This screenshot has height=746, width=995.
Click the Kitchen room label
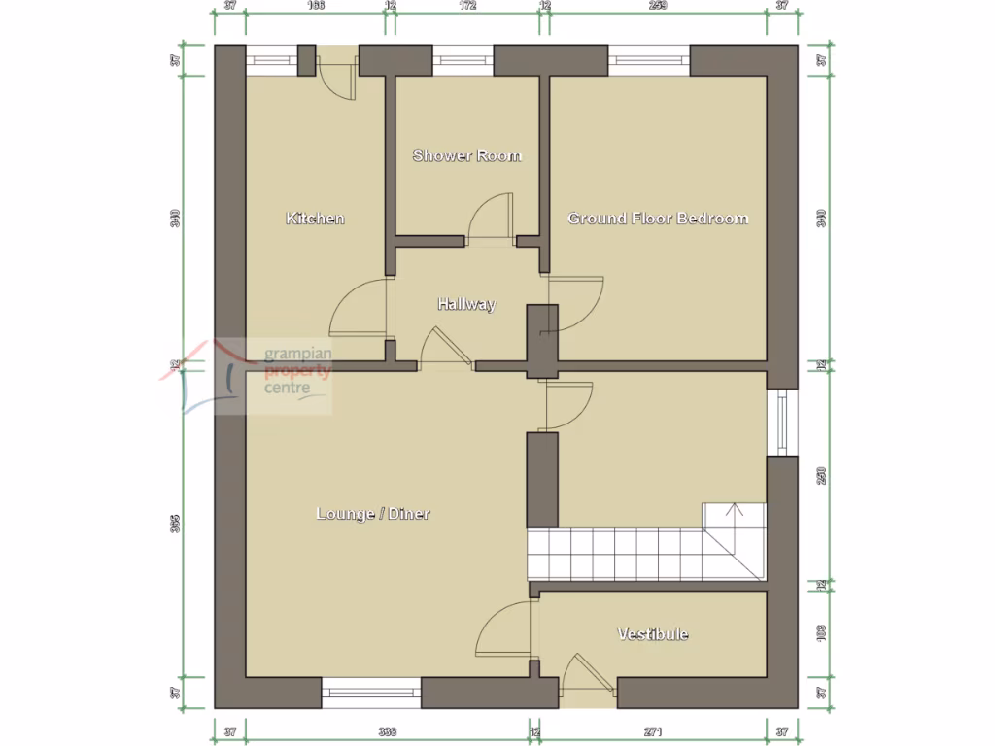tap(315, 219)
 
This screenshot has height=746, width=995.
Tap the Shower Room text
tap(466, 155)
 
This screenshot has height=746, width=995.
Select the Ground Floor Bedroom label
tap(658, 219)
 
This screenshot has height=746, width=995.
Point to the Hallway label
tap(466, 304)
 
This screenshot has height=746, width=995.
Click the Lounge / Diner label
tap(373, 513)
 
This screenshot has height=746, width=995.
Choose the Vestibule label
tap(653, 634)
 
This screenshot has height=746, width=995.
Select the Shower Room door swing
tap(490, 219)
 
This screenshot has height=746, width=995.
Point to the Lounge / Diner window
tap(371, 693)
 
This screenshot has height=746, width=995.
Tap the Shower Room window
tap(463, 60)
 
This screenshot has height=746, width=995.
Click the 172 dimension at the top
tap(467, 6)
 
